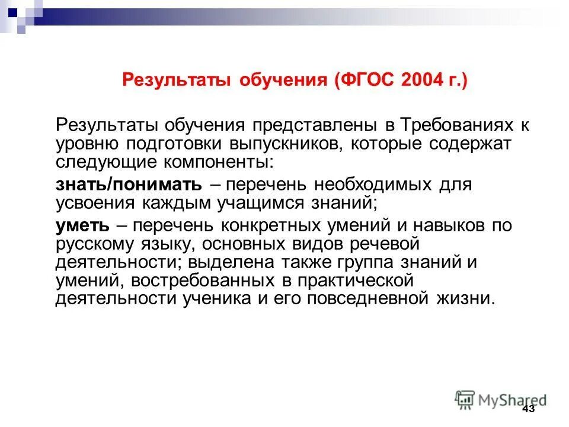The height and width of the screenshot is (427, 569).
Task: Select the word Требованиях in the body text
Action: point(450,126)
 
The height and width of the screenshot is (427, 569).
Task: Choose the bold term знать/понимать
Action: point(129,184)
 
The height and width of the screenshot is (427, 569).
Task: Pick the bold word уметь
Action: point(82,225)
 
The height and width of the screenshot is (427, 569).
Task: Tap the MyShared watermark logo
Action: point(501,399)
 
